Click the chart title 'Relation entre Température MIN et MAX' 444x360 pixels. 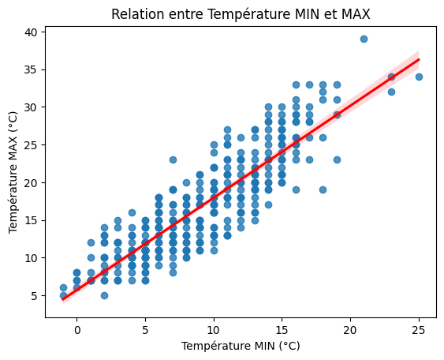(241, 13)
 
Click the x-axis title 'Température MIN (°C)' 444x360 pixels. (241, 346)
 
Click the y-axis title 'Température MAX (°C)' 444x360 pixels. (13, 172)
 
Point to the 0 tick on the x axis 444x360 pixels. (77, 329)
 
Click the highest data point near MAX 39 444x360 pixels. (364, 39)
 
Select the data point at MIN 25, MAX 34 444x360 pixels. (419, 77)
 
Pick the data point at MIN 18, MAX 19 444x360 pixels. (323, 189)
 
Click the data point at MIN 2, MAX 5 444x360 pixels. (104, 295)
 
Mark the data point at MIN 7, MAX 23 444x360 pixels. (173, 159)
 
